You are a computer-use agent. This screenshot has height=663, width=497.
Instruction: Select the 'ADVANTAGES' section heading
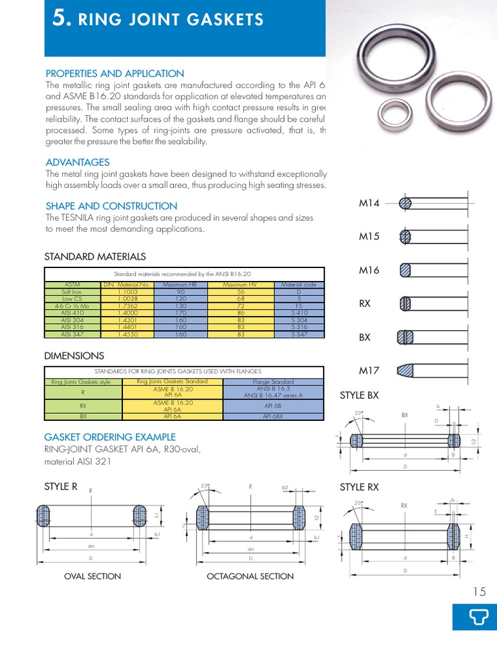click(x=78, y=163)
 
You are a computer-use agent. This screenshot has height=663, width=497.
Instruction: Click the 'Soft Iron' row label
click(x=71, y=292)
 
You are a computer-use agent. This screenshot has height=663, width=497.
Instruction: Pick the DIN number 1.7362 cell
click(x=127, y=306)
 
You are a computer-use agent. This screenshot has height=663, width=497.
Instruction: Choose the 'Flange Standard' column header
click(x=273, y=382)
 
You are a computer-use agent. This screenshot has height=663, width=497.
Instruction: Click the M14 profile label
click(x=368, y=203)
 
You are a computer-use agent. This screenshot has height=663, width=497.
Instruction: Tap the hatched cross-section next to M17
click(x=406, y=371)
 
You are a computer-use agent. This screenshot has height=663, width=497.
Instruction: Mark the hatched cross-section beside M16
click(x=406, y=269)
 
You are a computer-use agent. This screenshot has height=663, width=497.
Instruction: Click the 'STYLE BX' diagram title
click(x=359, y=396)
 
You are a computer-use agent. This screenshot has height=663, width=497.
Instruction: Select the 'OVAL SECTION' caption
click(x=93, y=576)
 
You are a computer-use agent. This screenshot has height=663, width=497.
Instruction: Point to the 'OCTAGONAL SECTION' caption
click(x=250, y=576)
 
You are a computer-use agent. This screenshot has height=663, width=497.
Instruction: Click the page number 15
click(x=479, y=591)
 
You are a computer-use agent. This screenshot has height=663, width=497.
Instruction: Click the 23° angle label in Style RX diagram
click(x=357, y=503)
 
